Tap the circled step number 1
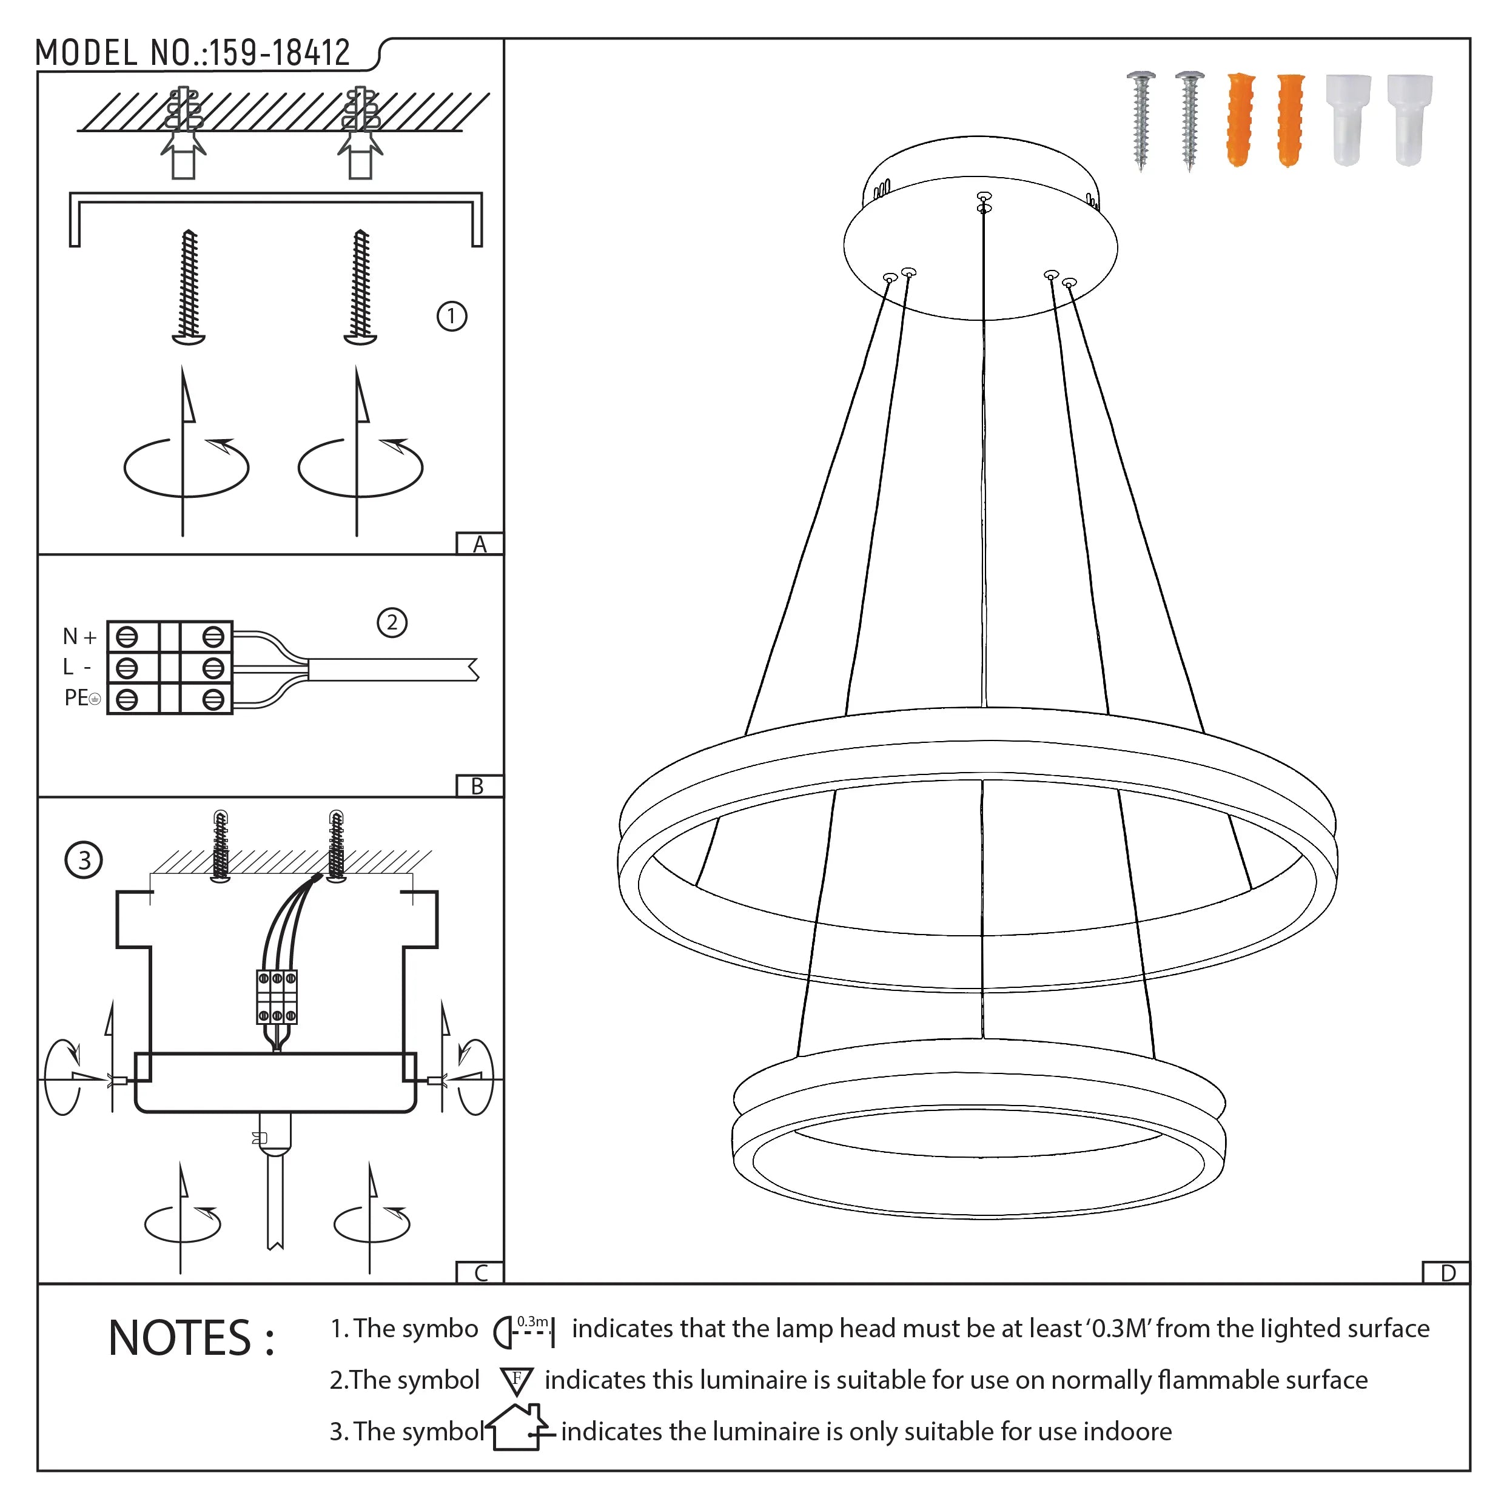point(452,317)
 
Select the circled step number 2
point(392,623)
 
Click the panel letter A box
point(480,544)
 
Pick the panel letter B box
point(478,786)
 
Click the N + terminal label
point(79,637)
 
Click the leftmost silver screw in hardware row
point(1141,120)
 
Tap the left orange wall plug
point(1240,120)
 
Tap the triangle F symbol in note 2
point(516,1380)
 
